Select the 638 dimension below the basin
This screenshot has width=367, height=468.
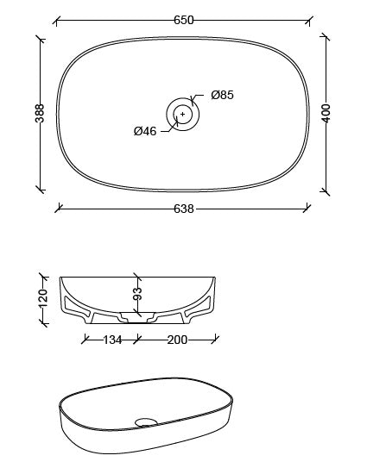[183, 208]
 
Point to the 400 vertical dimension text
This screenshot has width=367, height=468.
[326, 113]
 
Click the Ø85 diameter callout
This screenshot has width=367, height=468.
[222, 96]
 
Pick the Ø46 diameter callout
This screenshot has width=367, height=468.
[144, 132]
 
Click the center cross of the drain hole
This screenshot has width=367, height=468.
[182, 114]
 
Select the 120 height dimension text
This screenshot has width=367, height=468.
[41, 298]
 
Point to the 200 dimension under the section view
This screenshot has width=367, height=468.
[176, 340]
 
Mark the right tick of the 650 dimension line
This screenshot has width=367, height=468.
[310, 19]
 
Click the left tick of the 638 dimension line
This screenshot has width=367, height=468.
[59, 208]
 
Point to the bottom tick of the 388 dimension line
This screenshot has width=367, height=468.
[40, 188]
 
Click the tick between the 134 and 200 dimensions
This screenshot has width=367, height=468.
[136, 340]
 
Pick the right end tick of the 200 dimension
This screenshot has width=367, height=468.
[216, 340]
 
